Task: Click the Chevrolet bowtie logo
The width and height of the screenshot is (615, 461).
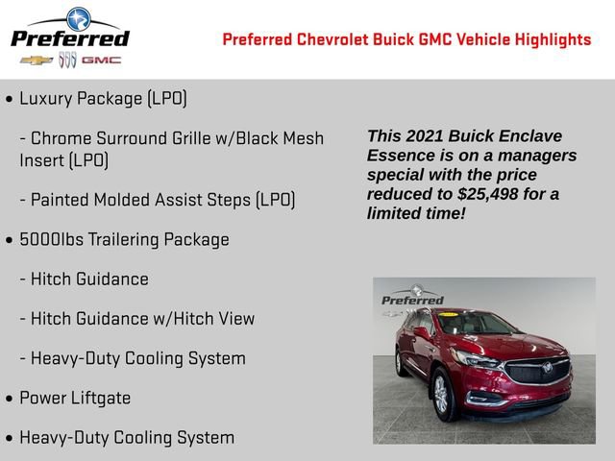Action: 36,60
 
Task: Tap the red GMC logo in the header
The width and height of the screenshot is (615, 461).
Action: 101,60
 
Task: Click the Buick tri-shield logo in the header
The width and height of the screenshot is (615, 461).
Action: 68,60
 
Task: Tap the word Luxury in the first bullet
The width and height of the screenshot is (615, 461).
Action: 46,98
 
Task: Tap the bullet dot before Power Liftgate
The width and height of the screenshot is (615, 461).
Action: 10,399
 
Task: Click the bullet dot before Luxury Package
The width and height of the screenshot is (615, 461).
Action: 10,99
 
